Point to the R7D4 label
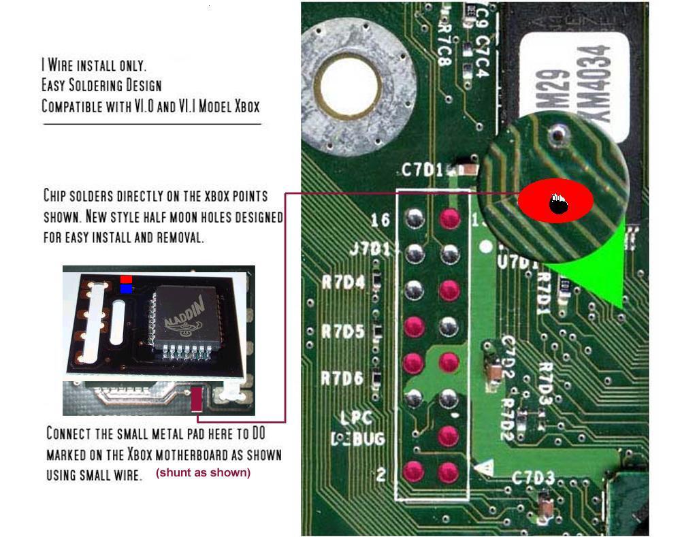tap(343, 282)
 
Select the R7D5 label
tap(343, 332)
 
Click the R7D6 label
tap(342, 378)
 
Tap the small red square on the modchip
tap(126, 279)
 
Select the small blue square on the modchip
tap(126, 289)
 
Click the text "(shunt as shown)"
tap(204, 472)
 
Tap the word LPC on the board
tap(356, 418)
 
